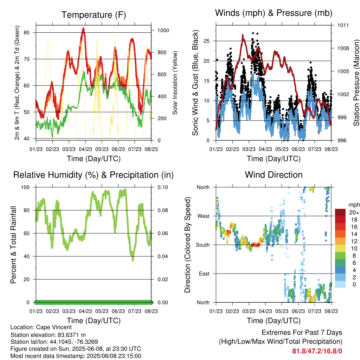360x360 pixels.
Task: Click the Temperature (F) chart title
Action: [94, 15]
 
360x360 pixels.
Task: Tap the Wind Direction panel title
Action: [274, 175]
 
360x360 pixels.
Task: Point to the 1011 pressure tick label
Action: [343, 25]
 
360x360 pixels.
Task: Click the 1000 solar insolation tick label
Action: [163, 31]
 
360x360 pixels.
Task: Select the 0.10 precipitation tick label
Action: [163, 187]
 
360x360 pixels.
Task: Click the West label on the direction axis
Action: [204, 216]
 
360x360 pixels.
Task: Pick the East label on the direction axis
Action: [204, 274]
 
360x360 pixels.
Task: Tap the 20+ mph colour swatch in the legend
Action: [340, 212]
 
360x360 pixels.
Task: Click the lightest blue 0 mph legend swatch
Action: [340, 284]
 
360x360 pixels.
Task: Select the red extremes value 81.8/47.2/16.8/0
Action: [317, 351]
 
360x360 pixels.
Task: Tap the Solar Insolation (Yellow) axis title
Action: [175, 83]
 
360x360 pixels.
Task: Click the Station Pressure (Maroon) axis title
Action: [356, 83]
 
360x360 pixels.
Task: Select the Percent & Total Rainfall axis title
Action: [13, 245]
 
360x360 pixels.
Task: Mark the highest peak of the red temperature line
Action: [83, 28]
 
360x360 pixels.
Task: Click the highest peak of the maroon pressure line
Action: [243, 35]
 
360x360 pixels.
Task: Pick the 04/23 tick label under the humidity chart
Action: [85, 311]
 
